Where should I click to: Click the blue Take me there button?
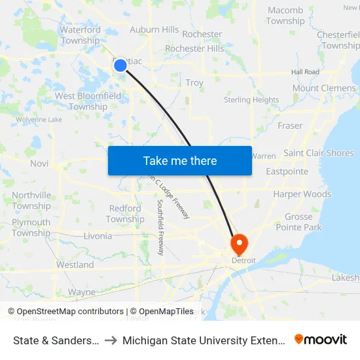[180, 161]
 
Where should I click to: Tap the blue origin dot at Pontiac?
[120, 65]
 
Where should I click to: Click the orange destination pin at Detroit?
[240, 244]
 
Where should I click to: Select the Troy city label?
[194, 83]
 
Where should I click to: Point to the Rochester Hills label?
[194, 48]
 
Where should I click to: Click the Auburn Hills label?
[154, 29]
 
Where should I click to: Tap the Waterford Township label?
[80, 35]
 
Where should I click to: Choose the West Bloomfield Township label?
[88, 101]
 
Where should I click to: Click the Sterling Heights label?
[251, 100]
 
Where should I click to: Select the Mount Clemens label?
[323, 88]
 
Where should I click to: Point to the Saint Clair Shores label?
[319, 153]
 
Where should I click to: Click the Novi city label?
[39, 164]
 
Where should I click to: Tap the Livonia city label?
[98, 236]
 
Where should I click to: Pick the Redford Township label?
[125, 214]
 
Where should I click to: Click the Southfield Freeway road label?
[160, 227]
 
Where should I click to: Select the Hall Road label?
[305, 72]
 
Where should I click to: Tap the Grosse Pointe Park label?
[298, 222]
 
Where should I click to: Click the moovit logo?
[321, 339]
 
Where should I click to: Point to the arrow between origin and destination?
[111, 340]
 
